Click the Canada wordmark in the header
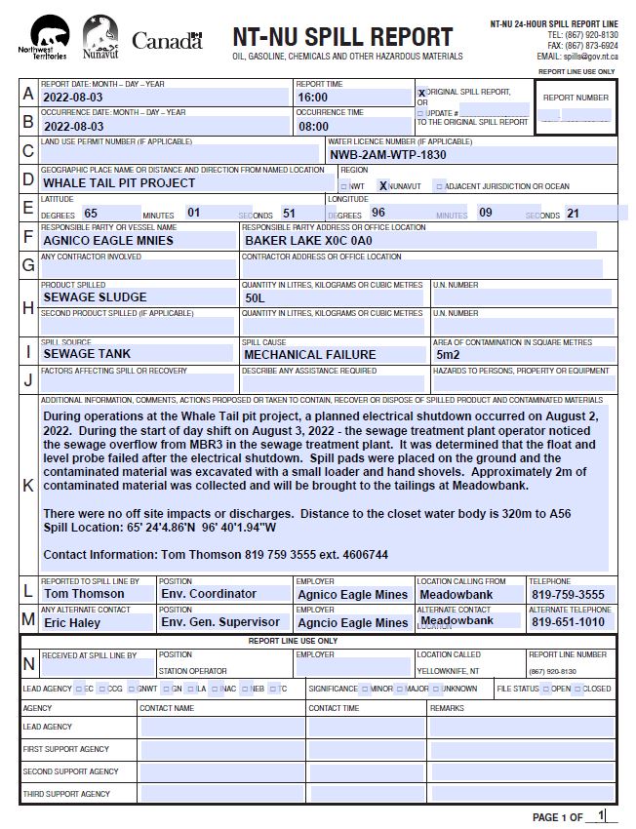166,40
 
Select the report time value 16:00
313,98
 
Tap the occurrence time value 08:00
313,126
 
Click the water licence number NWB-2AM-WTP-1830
387,154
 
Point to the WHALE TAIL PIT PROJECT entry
119,182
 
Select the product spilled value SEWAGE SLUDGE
95,296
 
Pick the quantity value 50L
256,297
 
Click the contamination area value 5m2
449,354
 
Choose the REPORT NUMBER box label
576,98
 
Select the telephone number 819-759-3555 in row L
568,594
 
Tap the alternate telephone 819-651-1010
568,622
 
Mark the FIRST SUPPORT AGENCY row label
66,749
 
